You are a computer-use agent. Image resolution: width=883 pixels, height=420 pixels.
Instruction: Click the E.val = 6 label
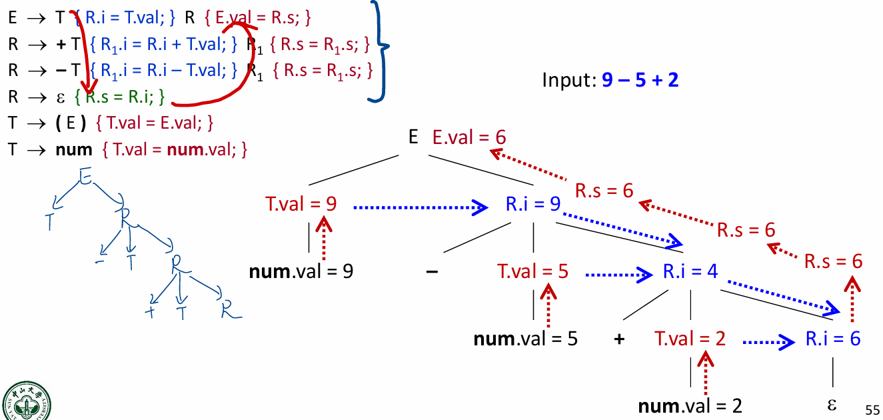(469, 138)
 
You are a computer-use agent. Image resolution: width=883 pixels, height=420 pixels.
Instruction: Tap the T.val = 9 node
(301, 205)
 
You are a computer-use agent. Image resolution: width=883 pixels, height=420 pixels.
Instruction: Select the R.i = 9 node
(532, 205)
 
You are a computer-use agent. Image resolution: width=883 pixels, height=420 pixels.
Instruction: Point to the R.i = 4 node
(690, 272)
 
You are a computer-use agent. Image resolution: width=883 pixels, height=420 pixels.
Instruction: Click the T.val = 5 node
(532, 272)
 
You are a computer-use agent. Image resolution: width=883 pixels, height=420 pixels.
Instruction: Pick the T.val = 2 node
(690, 339)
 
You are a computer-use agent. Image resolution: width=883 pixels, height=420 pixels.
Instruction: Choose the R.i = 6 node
(833, 339)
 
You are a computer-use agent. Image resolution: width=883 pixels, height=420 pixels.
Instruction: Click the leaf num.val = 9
(301, 272)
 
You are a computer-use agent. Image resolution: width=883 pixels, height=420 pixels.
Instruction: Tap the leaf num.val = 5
(525, 339)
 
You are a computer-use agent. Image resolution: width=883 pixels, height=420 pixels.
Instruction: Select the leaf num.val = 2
(690, 405)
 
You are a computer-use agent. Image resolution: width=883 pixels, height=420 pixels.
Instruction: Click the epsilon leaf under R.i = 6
(832, 405)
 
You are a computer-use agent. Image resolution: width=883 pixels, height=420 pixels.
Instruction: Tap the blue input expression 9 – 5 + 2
(640, 81)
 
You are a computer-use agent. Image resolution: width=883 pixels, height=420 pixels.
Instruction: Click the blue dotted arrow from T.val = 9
(419, 207)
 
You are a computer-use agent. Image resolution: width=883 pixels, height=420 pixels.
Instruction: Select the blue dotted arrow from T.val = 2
(768, 342)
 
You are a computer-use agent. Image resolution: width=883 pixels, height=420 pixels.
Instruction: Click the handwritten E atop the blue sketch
(85, 176)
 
